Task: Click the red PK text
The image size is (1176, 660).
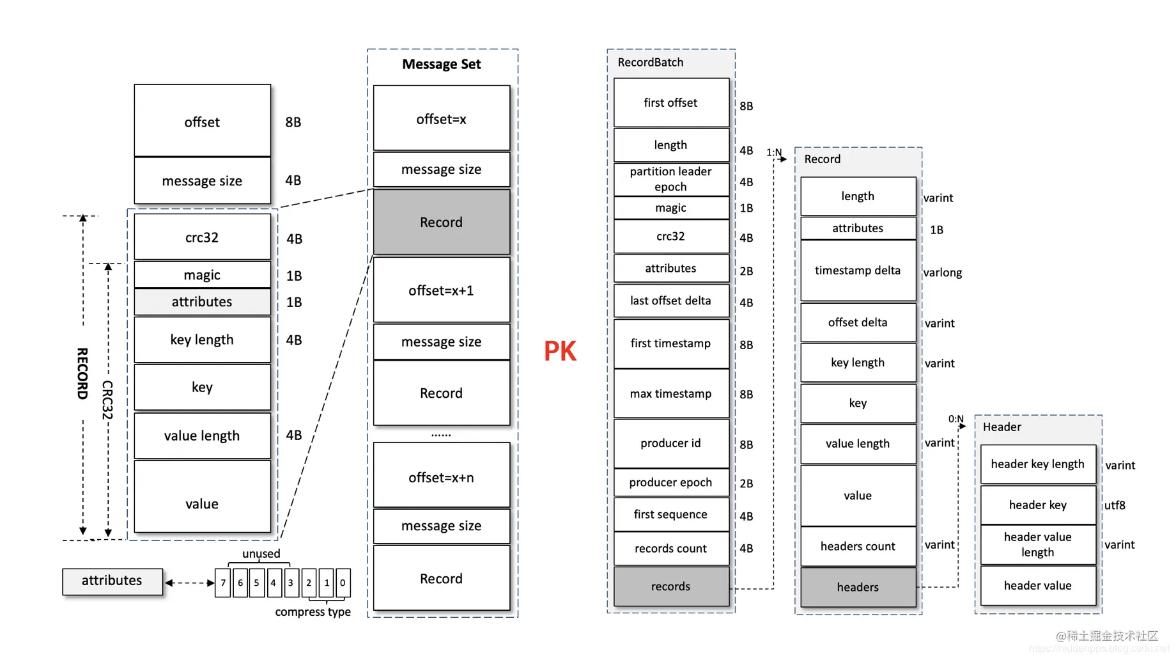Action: click(560, 351)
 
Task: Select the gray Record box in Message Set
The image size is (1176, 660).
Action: click(442, 222)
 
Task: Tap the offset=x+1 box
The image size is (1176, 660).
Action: click(442, 290)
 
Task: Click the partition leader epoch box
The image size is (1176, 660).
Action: click(671, 179)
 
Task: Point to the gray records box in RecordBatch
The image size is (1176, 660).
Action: click(671, 586)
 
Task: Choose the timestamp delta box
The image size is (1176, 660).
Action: click(858, 271)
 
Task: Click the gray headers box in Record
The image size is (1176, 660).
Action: click(858, 587)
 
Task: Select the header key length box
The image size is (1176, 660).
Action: click(1038, 464)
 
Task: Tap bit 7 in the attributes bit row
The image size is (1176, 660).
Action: click(223, 583)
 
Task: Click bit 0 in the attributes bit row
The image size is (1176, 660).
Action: click(343, 583)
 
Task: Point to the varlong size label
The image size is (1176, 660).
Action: click(943, 272)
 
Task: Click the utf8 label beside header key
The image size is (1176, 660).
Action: click(1115, 505)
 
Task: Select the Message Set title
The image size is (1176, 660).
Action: click(442, 64)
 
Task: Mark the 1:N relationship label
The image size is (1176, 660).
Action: click(774, 152)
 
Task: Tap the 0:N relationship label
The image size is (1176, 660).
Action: click(956, 419)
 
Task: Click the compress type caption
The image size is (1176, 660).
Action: click(313, 612)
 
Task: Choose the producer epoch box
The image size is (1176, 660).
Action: click(671, 482)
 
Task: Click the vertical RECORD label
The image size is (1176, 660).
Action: click(82, 373)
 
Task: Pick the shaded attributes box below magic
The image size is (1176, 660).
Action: click(202, 302)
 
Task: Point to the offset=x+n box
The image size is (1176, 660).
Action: click(442, 477)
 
